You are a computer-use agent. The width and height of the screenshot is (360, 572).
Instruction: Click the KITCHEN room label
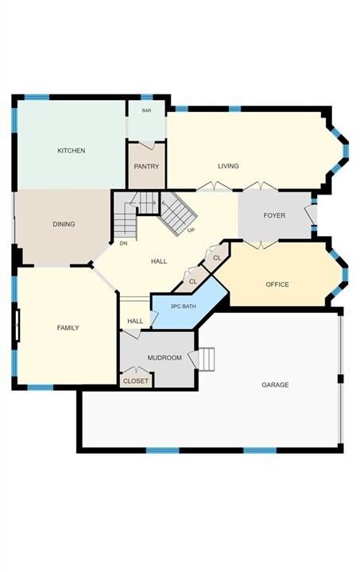[x=72, y=150]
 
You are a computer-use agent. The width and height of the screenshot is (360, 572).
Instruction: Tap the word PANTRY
[x=146, y=166]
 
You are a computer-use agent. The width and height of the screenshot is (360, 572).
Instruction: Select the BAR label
[x=147, y=110]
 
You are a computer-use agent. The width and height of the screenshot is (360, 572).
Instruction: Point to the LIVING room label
[x=228, y=166]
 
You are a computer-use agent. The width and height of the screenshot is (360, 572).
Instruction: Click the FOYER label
[x=274, y=215]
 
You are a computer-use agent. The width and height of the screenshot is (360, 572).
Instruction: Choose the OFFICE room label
[x=277, y=284]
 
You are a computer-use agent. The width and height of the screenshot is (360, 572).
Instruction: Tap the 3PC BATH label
[x=183, y=307]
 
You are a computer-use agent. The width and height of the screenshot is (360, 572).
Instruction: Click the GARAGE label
[x=275, y=385]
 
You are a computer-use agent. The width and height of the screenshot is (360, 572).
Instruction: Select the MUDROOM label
[x=165, y=357]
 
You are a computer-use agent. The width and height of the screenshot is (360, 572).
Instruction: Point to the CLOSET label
[x=136, y=381]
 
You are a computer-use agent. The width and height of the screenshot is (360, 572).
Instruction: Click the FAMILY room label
[x=68, y=327]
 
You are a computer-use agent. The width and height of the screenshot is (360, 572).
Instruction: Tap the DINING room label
[x=64, y=224]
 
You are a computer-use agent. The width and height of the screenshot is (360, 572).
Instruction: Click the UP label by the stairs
[x=191, y=230]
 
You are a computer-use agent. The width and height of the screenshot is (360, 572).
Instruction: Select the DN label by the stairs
[x=124, y=243]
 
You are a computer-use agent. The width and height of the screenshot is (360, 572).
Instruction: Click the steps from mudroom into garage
[x=207, y=359]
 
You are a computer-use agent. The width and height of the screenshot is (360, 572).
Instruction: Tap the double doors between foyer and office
[x=261, y=245]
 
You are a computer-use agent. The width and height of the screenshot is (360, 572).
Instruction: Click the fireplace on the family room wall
[x=17, y=326]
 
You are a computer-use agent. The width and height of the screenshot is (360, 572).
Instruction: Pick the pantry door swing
[x=147, y=145]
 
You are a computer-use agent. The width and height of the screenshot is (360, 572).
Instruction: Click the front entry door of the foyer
[x=311, y=215]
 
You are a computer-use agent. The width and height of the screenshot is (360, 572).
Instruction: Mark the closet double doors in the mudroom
[x=136, y=369]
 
